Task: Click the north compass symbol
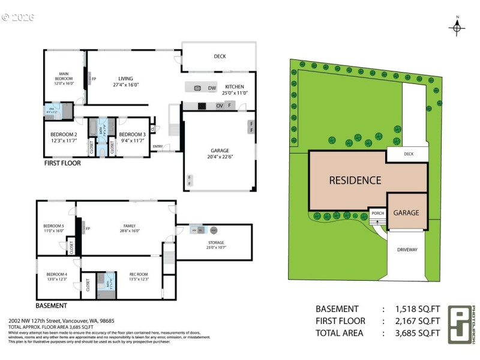[457, 26]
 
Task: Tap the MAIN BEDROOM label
[64, 78]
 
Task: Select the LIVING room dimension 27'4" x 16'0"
[125, 85]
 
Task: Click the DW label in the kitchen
[212, 88]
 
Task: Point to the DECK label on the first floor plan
[220, 57]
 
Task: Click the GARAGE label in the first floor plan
[220, 151]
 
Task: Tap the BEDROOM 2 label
[63, 134]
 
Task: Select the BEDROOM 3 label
[132, 134]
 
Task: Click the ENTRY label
[158, 146]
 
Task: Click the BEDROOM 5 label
[54, 226]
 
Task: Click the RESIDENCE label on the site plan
[355, 180]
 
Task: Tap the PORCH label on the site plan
[377, 213]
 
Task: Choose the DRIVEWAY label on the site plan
[407, 250]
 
